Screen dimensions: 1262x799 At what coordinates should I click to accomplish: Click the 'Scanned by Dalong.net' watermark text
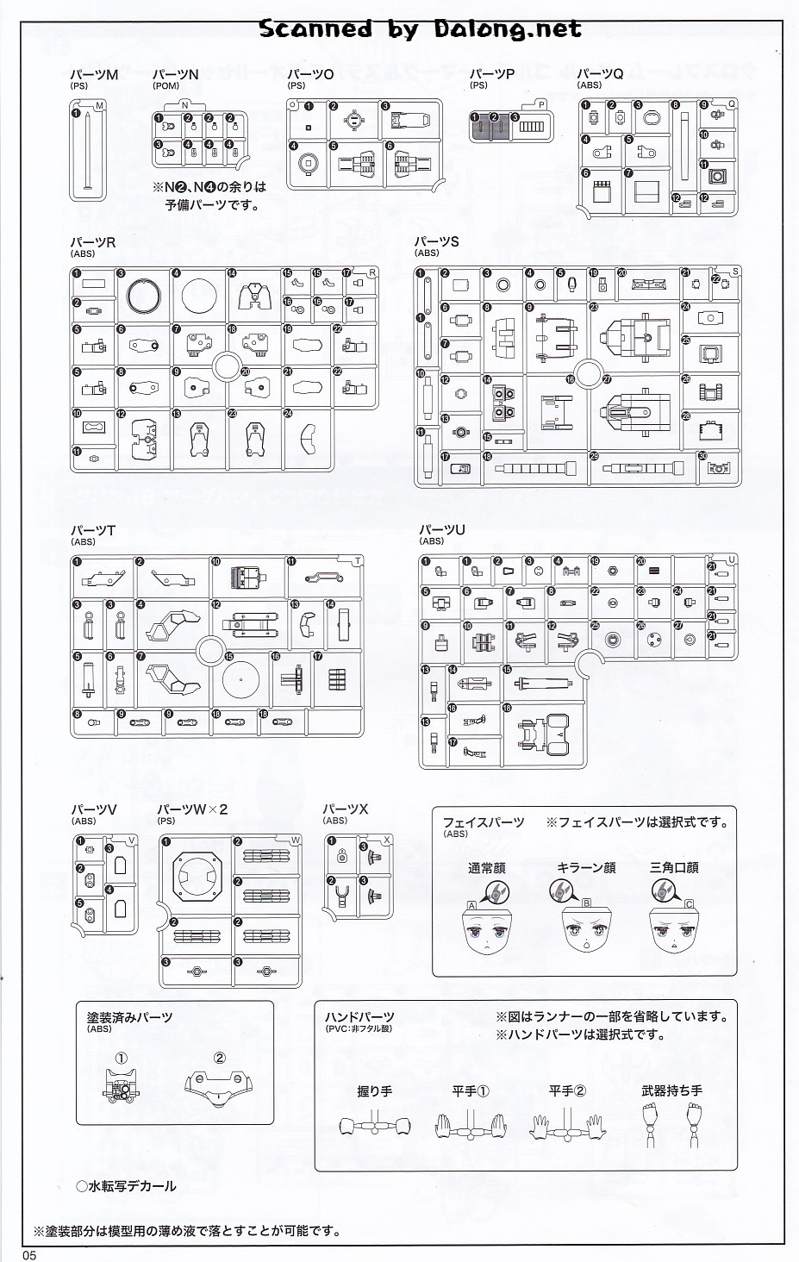click(x=420, y=29)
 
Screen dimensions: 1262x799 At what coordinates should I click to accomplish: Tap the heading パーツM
click(x=94, y=75)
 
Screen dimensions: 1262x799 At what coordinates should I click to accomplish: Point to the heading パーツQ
click(x=600, y=75)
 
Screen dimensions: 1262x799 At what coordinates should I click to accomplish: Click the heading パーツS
click(x=437, y=242)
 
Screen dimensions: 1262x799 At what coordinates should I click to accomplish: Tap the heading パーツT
click(x=93, y=531)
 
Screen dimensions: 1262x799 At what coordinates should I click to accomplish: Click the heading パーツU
click(x=441, y=530)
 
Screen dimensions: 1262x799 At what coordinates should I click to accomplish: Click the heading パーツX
click(x=346, y=809)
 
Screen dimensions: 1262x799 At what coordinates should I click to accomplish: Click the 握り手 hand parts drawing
click(x=374, y=1125)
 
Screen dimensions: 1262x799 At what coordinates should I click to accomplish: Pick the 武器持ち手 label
click(x=672, y=1090)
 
